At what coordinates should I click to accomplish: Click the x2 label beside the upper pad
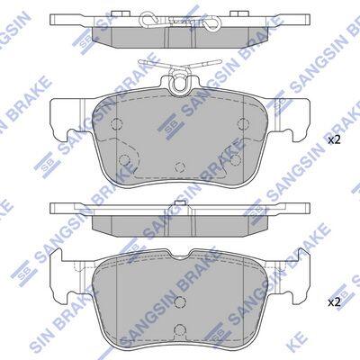tap(334, 140)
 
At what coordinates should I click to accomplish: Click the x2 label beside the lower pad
tap(334, 302)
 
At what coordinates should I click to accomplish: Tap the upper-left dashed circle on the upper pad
tap(116, 122)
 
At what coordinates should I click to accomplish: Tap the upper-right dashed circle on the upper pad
tap(243, 122)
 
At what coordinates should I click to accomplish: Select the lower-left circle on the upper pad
tap(123, 160)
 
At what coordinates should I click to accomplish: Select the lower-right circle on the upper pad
tap(236, 160)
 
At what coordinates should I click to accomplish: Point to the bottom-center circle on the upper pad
tap(180, 166)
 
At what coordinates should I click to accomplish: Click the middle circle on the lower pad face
tap(180, 301)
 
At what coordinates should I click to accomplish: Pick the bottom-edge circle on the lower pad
tap(180, 329)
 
